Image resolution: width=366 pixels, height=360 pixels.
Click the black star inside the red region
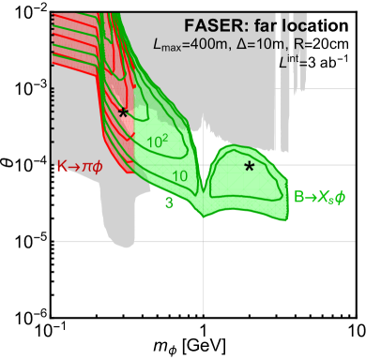coord(123,112)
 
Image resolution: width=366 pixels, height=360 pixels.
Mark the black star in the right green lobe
coord(250,166)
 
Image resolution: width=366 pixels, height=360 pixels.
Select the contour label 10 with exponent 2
coord(158,142)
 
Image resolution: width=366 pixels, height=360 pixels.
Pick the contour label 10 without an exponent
coord(180,175)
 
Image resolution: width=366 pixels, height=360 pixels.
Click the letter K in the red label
coord(62,167)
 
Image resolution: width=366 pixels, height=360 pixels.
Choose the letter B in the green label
coord(298,197)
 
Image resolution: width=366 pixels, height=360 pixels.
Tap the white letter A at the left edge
coord(12,177)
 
